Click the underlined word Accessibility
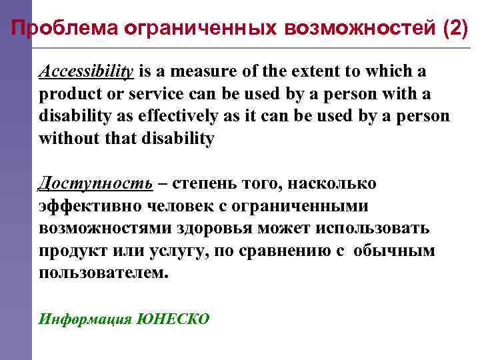tap(87, 71)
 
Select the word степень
tap(202, 183)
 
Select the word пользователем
tap(104, 274)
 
